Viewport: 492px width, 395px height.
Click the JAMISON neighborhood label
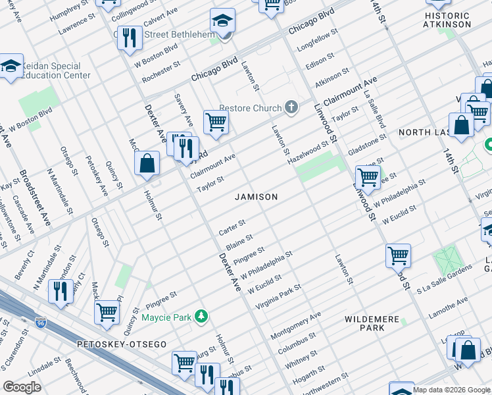tap(257, 197)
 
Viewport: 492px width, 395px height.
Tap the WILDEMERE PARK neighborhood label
tap(372, 323)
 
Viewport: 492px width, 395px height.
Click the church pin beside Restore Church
tap(291, 107)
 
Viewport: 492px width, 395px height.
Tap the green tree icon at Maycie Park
tap(201, 317)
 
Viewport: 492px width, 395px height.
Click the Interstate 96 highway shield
tap(41, 323)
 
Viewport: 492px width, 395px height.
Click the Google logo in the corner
tap(22, 386)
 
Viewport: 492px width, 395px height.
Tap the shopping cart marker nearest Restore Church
tap(216, 121)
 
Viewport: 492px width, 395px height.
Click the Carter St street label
tap(232, 228)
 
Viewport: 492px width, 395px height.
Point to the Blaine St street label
tap(239, 242)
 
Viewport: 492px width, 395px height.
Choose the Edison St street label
tap(321, 63)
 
